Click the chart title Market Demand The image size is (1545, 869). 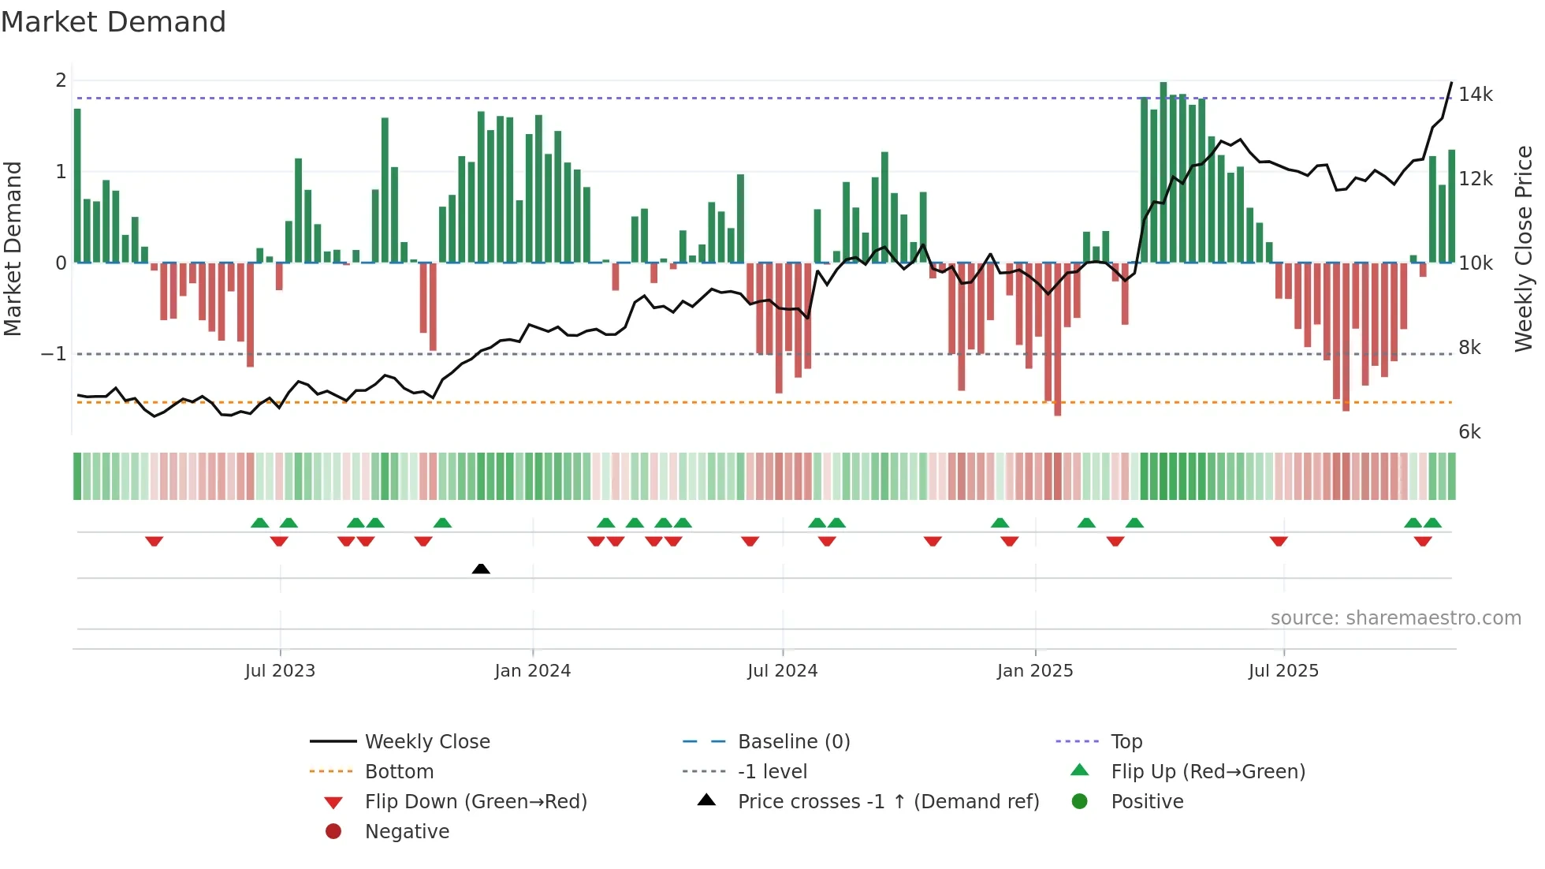pos(114,22)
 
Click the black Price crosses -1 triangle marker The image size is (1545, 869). pos(481,569)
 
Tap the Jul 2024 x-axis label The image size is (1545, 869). pos(782,671)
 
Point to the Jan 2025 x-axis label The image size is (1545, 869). pos(1034,671)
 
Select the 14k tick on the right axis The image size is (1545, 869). pos(1475,95)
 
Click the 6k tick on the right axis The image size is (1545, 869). pos(1469,432)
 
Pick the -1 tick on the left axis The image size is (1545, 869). pos(54,354)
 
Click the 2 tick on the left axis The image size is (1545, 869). pos(61,80)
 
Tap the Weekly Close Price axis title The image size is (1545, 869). pos(1524,248)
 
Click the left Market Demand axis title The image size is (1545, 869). pos(13,248)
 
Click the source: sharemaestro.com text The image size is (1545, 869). pos(1395,618)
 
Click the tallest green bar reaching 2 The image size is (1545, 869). pos(1163,173)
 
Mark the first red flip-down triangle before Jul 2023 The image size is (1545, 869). pos(154,541)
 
